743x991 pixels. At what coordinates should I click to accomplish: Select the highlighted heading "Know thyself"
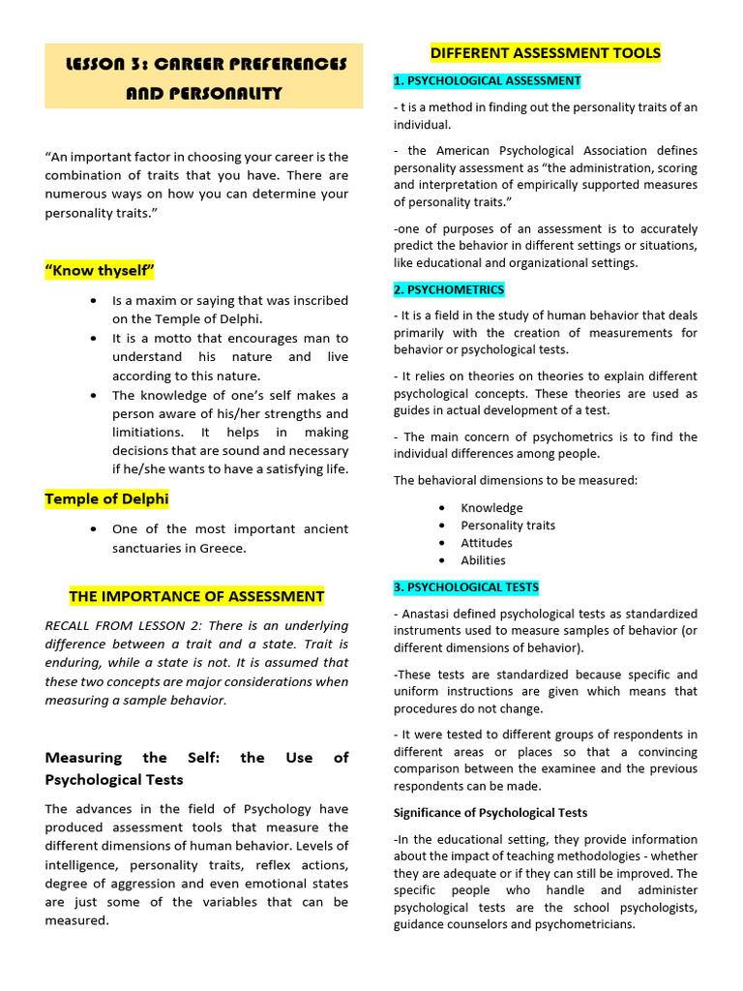tap(100, 270)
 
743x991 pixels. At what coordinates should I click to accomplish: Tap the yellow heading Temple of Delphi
tap(106, 499)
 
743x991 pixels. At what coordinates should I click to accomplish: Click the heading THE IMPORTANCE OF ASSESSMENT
tap(196, 596)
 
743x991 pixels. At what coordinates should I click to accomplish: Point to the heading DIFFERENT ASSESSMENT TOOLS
tap(546, 52)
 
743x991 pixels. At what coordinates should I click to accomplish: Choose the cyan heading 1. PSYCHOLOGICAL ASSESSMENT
tap(488, 81)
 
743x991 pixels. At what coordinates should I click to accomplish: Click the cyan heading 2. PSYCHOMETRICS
tap(449, 289)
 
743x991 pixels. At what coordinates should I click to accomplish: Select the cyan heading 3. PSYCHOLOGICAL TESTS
tap(466, 587)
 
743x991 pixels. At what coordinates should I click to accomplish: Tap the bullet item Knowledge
tap(491, 508)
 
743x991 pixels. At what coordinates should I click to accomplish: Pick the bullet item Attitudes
tap(487, 543)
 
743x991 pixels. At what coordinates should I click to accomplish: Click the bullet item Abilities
tap(483, 560)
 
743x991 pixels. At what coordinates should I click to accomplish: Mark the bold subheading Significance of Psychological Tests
tap(490, 813)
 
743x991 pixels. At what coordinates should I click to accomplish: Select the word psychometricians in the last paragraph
tap(586, 924)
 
